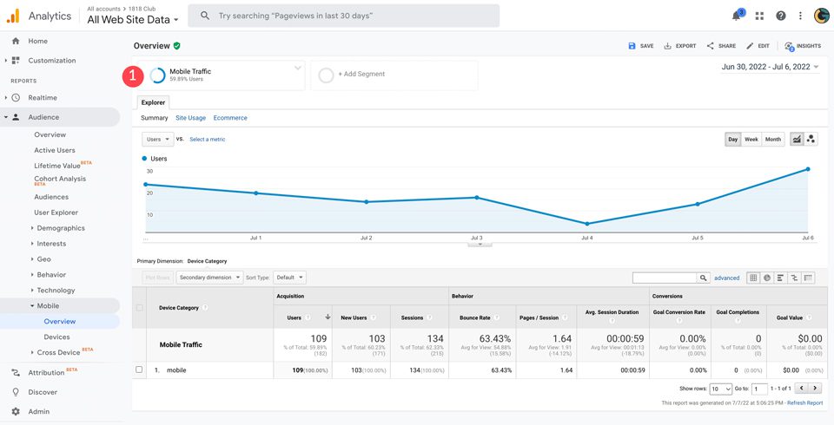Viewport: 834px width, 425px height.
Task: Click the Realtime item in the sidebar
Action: [43, 98]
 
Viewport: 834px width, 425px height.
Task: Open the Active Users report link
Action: [55, 150]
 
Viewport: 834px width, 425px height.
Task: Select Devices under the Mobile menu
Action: [57, 337]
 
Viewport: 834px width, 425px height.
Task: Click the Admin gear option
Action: [38, 411]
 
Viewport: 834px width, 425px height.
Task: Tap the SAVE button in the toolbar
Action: [641, 46]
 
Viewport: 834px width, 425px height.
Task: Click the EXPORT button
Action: [680, 46]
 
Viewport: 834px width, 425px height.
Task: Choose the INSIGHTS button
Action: [803, 46]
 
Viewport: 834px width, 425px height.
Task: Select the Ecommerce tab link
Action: [230, 118]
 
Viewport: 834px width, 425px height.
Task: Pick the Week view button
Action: [751, 139]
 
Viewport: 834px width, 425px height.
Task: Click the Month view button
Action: [773, 139]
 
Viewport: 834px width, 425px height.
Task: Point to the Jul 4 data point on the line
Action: [587, 224]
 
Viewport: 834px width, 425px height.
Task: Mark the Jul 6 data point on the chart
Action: [808, 169]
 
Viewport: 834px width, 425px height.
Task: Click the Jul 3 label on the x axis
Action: [476, 238]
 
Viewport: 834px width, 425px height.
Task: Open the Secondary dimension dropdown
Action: [208, 278]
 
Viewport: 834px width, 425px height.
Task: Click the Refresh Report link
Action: [804, 402]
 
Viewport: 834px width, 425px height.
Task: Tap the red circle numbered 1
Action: [132, 75]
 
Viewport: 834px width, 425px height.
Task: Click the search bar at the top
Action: [344, 16]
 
